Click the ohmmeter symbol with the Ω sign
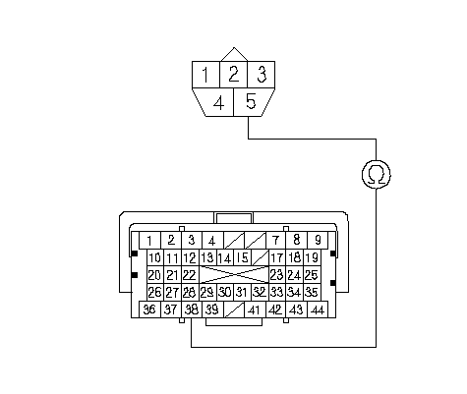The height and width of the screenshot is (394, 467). (377, 174)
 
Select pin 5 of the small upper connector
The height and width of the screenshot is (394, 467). (252, 102)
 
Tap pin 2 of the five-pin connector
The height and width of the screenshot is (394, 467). (233, 75)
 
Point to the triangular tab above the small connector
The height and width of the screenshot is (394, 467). (234, 55)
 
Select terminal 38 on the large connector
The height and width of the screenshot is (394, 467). (192, 310)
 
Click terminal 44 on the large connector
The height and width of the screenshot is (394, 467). (318, 310)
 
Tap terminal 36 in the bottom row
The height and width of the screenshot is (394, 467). (149, 310)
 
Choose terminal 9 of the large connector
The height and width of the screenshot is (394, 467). (318, 241)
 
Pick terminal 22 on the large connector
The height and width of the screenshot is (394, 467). (189, 275)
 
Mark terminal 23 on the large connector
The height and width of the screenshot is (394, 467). (277, 275)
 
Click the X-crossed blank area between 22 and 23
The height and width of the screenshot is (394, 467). (234, 275)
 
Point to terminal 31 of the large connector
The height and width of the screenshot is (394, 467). (242, 292)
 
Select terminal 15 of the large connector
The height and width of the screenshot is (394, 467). (243, 257)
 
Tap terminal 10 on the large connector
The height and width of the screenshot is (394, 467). (154, 257)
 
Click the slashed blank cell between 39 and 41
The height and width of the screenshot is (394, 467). (234, 310)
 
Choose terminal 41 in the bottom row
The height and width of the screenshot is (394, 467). (255, 310)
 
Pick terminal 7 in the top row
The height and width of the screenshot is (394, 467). (275, 241)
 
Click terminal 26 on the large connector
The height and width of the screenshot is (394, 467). (154, 292)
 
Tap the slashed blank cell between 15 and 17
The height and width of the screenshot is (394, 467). (261, 257)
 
